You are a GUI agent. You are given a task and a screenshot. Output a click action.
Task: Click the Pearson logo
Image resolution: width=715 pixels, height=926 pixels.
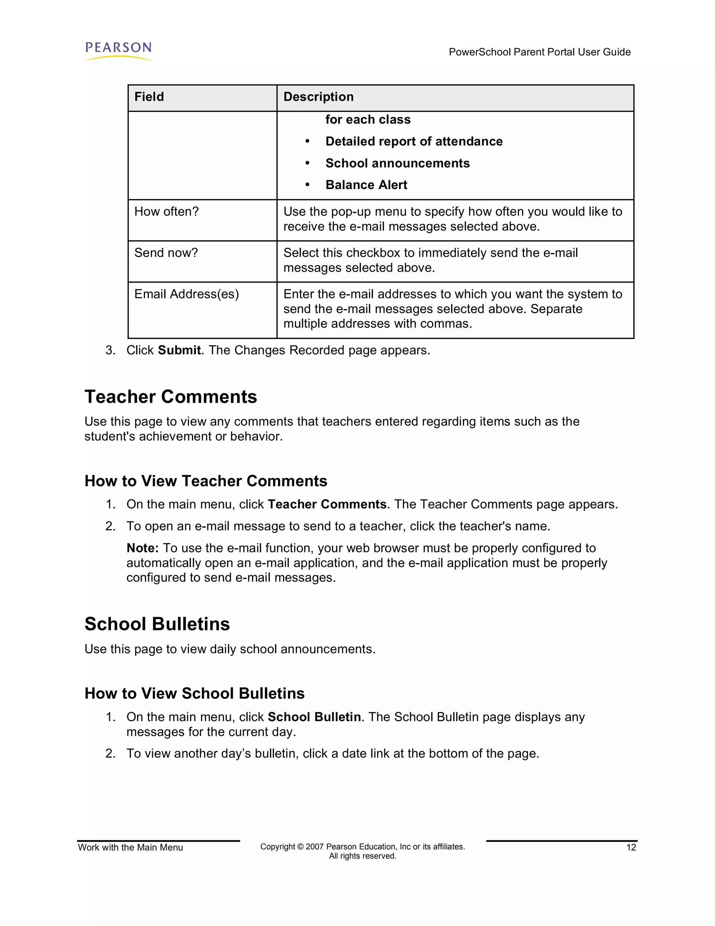coord(118,50)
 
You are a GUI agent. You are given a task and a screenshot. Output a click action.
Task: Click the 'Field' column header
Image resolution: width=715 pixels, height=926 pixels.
coord(149,97)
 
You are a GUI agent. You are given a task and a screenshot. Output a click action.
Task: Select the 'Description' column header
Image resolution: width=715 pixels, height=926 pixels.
coord(318,97)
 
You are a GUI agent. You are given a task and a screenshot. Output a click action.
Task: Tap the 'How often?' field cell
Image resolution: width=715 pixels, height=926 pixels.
coord(167,211)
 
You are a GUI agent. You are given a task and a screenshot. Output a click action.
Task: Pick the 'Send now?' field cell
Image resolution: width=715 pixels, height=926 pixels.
coord(166,253)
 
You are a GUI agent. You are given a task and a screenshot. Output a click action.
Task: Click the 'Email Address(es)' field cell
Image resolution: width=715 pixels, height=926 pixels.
coord(186,294)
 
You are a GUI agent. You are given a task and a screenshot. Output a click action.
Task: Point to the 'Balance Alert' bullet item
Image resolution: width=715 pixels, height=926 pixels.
coord(366,185)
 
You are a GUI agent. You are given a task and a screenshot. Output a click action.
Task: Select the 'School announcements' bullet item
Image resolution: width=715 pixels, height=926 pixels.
coord(397,163)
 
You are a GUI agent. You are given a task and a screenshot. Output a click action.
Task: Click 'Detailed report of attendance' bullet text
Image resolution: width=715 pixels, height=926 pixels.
coord(414,141)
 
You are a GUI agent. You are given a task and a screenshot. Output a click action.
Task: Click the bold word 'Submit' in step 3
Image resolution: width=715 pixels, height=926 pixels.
coord(179,350)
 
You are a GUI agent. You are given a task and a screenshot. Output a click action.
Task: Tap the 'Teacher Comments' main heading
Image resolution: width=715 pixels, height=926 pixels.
coord(171,397)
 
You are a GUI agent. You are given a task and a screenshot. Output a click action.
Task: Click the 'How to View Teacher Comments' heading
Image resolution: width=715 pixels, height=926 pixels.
coord(206,481)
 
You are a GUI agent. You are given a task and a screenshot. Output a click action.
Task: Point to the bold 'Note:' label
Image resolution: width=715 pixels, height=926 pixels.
coord(142,548)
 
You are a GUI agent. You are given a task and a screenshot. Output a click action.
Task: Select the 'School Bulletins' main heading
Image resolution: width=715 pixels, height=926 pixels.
coord(157,624)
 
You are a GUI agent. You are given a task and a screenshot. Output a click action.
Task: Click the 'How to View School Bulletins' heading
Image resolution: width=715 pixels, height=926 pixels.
coord(194,694)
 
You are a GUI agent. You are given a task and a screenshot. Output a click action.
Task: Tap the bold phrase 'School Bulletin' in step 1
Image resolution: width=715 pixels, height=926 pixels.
coord(314,717)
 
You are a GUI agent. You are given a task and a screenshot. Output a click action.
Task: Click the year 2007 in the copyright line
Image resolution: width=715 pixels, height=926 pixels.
coord(315,847)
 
